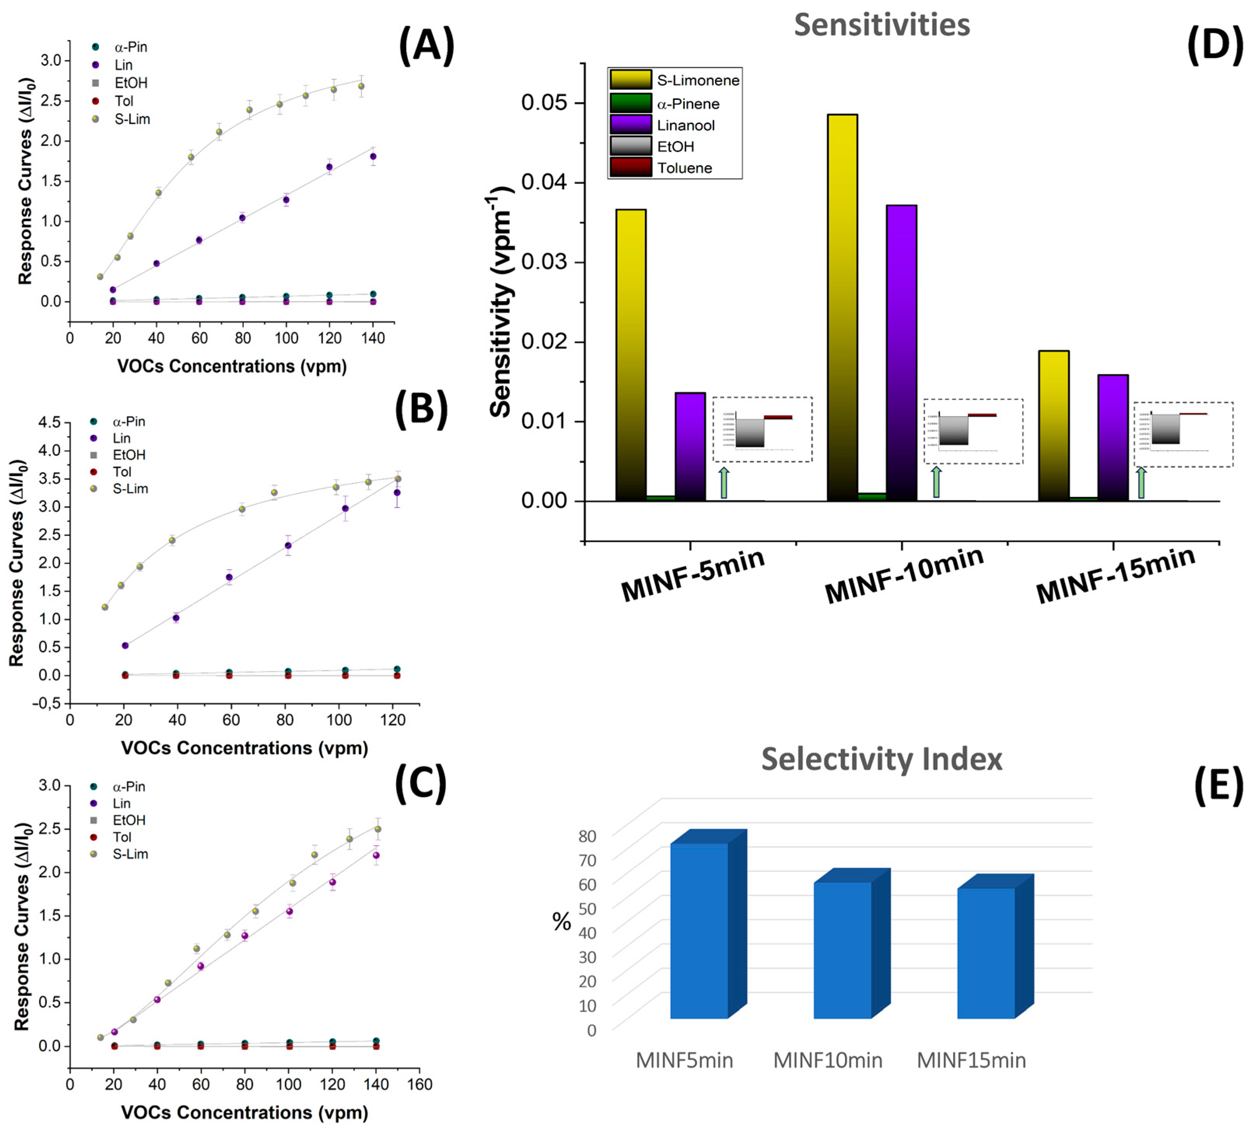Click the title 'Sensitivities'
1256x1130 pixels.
[x=882, y=25]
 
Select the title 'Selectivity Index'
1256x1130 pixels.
[x=882, y=759]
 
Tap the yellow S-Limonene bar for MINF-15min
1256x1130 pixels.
[x=1053, y=426]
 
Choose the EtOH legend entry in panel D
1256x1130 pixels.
[x=675, y=147]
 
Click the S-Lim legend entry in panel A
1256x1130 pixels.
[x=131, y=119]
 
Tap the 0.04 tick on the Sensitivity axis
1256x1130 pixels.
[x=544, y=182]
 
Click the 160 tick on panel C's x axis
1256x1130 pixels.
[x=420, y=1084]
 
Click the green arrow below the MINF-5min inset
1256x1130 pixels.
[x=723, y=483]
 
